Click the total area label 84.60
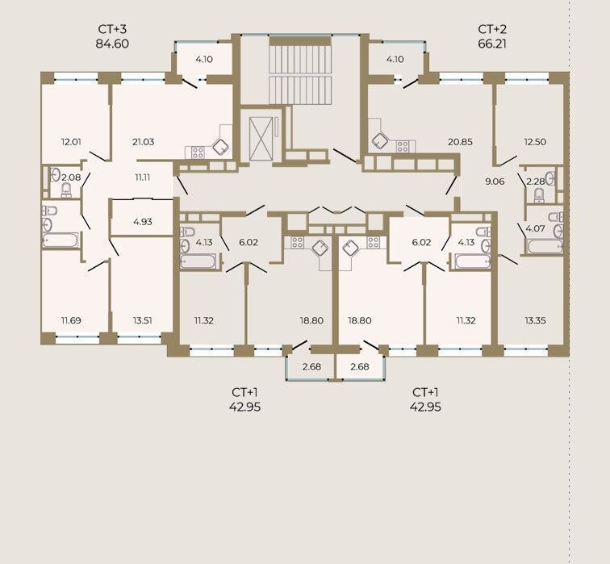coord(112,44)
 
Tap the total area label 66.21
coord(492,44)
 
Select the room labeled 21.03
coord(143,142)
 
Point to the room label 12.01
coord(71,142)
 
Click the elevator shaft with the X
coord(261,138)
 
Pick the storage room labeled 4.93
coord(142,222)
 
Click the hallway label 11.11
coord(142,178)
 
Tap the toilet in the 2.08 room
coord(66,190)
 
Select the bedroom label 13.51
coord(142,321)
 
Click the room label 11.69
coord(71,321)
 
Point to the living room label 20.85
coord(460,142)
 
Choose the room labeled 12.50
coord(535,142)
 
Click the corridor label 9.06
coord(495,182)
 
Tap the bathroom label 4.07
coord(535,228)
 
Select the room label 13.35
coord(535,321)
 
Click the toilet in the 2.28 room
coord(539,195)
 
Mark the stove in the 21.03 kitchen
coord(198,152)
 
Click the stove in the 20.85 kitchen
coord(403,147)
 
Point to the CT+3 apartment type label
coord(112,30)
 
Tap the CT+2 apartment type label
coord(492,30)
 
